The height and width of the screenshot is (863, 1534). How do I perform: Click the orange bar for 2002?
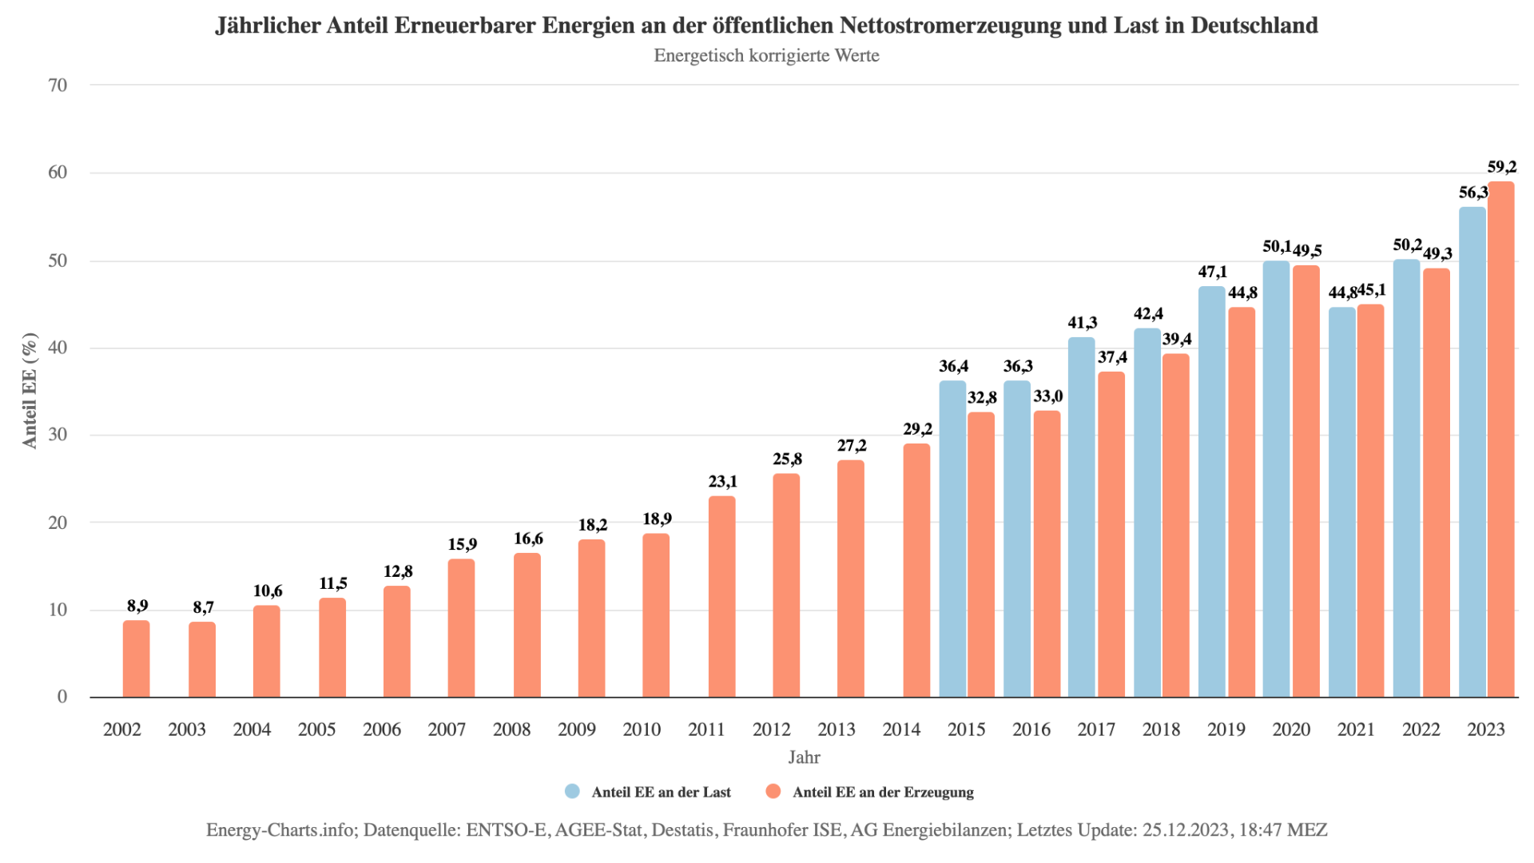pos(136,659)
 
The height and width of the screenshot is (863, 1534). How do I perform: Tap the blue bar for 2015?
pos(952,539)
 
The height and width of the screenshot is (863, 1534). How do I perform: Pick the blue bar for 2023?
pos(1472,452)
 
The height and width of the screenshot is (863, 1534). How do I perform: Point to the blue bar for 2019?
pos(1211,492)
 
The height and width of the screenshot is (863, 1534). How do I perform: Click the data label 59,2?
pos(1501,167)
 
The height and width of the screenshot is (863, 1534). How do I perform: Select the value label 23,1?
pos(722,482)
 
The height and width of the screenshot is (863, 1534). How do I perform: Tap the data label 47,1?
pos(1212,272)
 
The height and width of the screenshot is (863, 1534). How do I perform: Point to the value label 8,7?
pos(203,607)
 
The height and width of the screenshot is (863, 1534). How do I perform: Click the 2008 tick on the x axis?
pos(511,730)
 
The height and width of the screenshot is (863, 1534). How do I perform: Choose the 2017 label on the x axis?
pos(1096,730)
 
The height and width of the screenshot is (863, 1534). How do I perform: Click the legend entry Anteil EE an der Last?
pos(661,792)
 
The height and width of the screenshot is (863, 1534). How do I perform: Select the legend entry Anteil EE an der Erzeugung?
pos(883,792)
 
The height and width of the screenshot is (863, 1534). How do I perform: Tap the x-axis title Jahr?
pos(804,758)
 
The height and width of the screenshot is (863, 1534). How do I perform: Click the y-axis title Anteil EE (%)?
pos(30,391)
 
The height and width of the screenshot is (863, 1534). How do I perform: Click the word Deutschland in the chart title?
pos(1254,26)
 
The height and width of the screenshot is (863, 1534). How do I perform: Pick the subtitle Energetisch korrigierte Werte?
pos(766,56)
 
